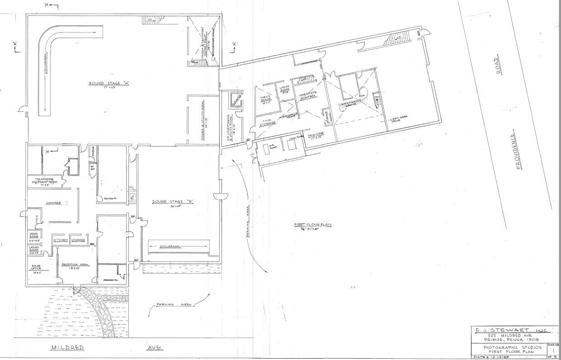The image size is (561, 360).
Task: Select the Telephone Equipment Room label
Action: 45,181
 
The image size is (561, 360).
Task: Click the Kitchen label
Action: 61,240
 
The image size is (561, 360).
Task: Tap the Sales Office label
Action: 36,268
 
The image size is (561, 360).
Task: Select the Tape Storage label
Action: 267,122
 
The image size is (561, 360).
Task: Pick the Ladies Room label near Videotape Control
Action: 285,90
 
